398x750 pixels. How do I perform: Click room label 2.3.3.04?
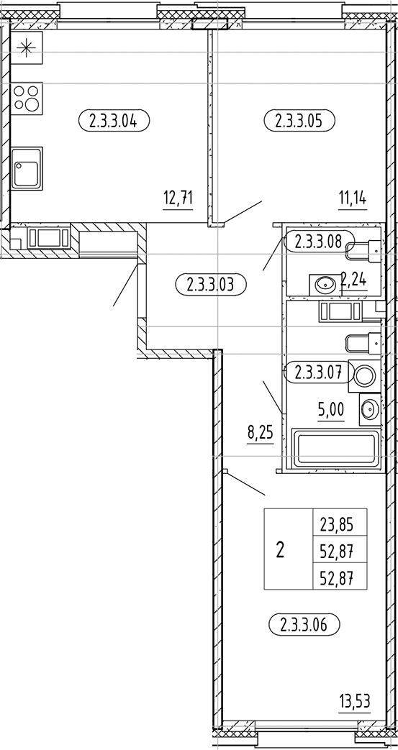click(114, 121)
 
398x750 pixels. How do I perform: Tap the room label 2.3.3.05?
click(299, 121)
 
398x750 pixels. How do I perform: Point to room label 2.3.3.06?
click(304, 625)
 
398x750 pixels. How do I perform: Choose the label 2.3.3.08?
click(319, 241)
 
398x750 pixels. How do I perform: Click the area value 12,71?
click(178, 198)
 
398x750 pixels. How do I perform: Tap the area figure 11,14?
click(353, 198)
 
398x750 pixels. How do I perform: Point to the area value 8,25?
click(260, 435)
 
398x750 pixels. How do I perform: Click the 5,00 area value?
click(331, 411)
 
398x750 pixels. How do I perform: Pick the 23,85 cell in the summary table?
click(339, 526)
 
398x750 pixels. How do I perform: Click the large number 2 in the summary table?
click(280, 550)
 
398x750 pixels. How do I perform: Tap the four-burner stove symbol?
click(27, 98)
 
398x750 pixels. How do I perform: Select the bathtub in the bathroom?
click(335, 448)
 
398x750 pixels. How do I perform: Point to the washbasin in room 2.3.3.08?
click(324, 284)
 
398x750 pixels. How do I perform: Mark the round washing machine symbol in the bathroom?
click(364, 374)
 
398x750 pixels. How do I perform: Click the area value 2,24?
click(353, 278)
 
